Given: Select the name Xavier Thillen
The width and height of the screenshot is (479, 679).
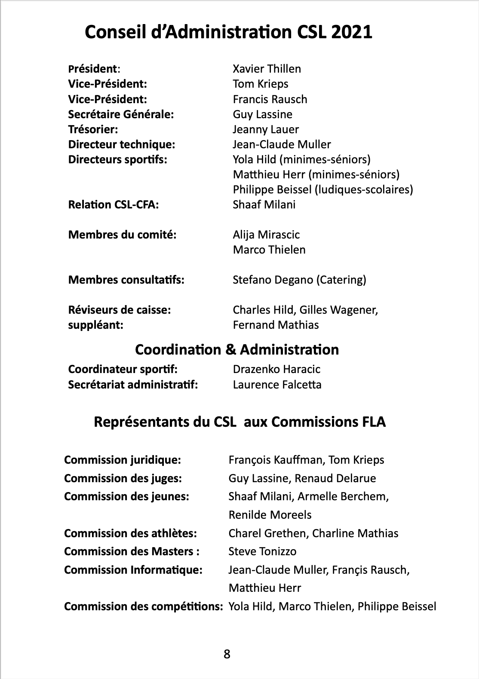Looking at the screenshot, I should pos(267,69).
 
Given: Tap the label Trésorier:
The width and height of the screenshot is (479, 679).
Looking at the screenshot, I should pos(93,129).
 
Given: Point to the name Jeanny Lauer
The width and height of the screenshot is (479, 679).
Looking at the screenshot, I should pos(265,129).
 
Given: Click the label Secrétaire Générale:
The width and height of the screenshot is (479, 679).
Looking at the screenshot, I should pos(121,114).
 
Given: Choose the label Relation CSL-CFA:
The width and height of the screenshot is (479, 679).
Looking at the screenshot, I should pos(114,205).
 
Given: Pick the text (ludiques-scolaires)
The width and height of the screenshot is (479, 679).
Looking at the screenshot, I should pos(364,190).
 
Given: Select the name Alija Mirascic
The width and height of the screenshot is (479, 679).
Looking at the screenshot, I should pos(266,235).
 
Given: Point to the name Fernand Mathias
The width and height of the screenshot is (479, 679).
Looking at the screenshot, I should pos(276,325).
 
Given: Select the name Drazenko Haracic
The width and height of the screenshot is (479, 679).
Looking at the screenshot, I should pos(276,369).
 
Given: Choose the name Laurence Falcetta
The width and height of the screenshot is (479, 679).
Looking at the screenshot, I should pos(277,384).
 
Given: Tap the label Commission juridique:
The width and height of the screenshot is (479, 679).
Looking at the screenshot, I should pos(123,460).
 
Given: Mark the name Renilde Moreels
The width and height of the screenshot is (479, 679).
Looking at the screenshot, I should pos(270,515).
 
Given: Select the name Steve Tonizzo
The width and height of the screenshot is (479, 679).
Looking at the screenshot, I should pos(262,551).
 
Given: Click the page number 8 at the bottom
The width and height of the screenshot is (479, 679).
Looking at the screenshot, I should pos(227,655).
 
